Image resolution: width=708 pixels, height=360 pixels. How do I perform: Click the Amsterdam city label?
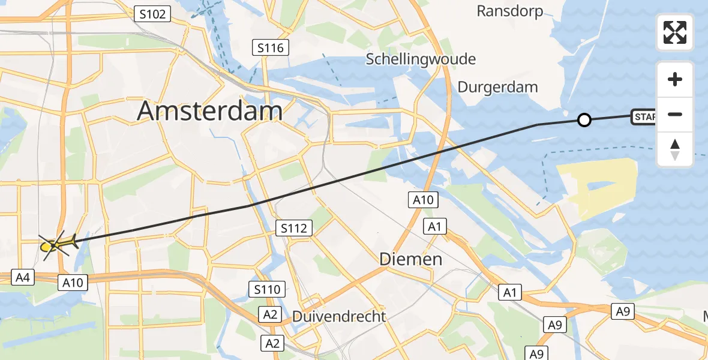[x=210, y=112]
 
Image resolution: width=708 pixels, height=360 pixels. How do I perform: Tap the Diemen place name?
[x=411, y=259]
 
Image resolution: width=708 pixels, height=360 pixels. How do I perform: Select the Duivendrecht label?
[x=339, y=316]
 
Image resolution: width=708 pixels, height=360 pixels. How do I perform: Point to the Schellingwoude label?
[x=421, y=59]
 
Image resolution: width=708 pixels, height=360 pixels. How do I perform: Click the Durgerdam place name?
[x=497, y=87]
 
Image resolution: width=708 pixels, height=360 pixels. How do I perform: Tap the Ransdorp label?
[x=509, y=11]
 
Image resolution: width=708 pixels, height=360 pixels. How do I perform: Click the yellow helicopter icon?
[x=59, y=244]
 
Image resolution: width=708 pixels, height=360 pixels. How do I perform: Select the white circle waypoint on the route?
[x=584, y=120]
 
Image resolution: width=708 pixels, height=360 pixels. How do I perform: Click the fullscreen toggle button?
[x=675, y=32]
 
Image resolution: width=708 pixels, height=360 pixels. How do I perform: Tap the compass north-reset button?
[x=675, y=149]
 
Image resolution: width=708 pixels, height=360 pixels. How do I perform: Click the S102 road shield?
[x=152, y=14]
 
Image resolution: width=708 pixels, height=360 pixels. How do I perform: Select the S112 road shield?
[x=294, y=228]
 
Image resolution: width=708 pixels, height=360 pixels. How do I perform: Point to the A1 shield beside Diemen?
[x=435, y=226]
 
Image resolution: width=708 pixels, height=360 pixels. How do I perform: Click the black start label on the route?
[x=643, y=117]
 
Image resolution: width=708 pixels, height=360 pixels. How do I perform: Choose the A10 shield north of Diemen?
[x=424, y=200]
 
